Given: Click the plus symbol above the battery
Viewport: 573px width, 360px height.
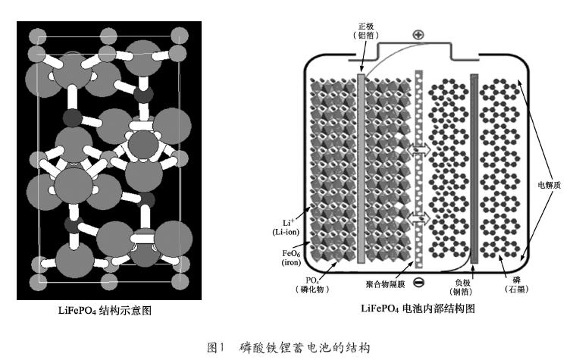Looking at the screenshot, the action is (x=418, y=35).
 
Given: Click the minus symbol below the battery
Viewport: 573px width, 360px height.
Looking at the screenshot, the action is (x=418, y=282).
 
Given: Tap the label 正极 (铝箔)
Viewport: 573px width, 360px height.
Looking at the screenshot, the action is (x=366, y=31).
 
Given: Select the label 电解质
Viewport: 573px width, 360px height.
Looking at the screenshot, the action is (x=549, y=185).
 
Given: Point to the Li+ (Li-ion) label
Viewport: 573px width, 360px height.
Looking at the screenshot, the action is (x=286, y=227).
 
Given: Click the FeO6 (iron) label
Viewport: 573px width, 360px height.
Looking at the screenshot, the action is (x=291, y=258).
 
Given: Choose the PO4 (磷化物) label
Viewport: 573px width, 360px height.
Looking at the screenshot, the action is (x=312, y=285).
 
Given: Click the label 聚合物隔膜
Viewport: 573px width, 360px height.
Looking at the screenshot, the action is (x=385, y=284).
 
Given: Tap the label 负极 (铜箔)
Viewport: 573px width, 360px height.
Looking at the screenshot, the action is (x=461, y=287).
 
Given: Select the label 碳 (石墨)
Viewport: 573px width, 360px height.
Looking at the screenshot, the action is (x=516, y=284).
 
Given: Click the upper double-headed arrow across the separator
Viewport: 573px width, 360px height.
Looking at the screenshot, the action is (x=419, y=149).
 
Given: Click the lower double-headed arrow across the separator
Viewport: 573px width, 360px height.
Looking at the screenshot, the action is (x=419, y=218).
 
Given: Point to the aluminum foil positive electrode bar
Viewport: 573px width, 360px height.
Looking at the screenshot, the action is (x=361, y=168).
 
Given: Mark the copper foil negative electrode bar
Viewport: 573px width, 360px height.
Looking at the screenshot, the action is (x=474, y=168).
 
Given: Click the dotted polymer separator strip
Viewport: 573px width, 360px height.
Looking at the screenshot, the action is (x=419, y=169).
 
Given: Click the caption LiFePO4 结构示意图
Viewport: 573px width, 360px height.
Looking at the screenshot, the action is (x=105, y=311).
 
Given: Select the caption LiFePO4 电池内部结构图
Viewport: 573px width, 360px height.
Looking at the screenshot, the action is (x=418, y=308).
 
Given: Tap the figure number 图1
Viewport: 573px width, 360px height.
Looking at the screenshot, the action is (x=215, y=347).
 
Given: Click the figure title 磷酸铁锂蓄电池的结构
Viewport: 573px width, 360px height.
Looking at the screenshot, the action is (x=305, y=347).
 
